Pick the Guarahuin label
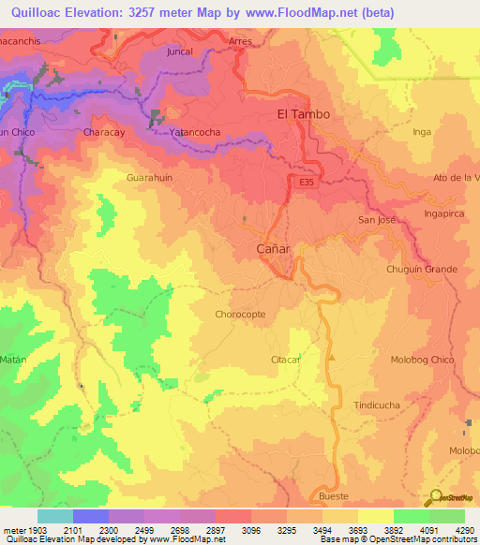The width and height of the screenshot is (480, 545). (150, 176)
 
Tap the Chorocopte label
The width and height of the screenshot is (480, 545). (241, 315)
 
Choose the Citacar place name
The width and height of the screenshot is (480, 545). (285, 360)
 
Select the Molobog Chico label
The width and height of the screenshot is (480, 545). (423, 360)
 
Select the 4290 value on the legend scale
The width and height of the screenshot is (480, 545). (465, 530)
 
